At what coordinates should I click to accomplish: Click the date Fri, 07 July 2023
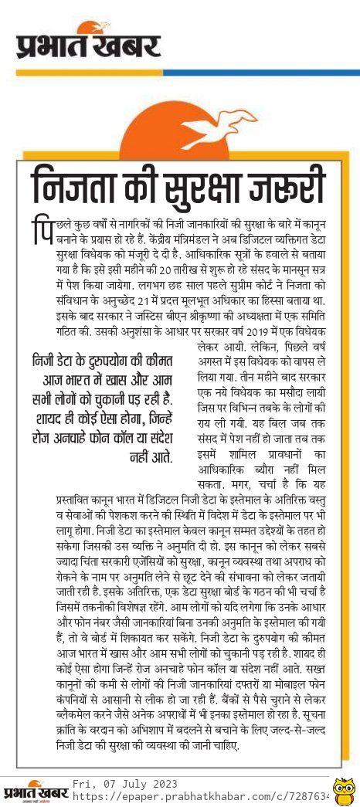pos(121,784)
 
